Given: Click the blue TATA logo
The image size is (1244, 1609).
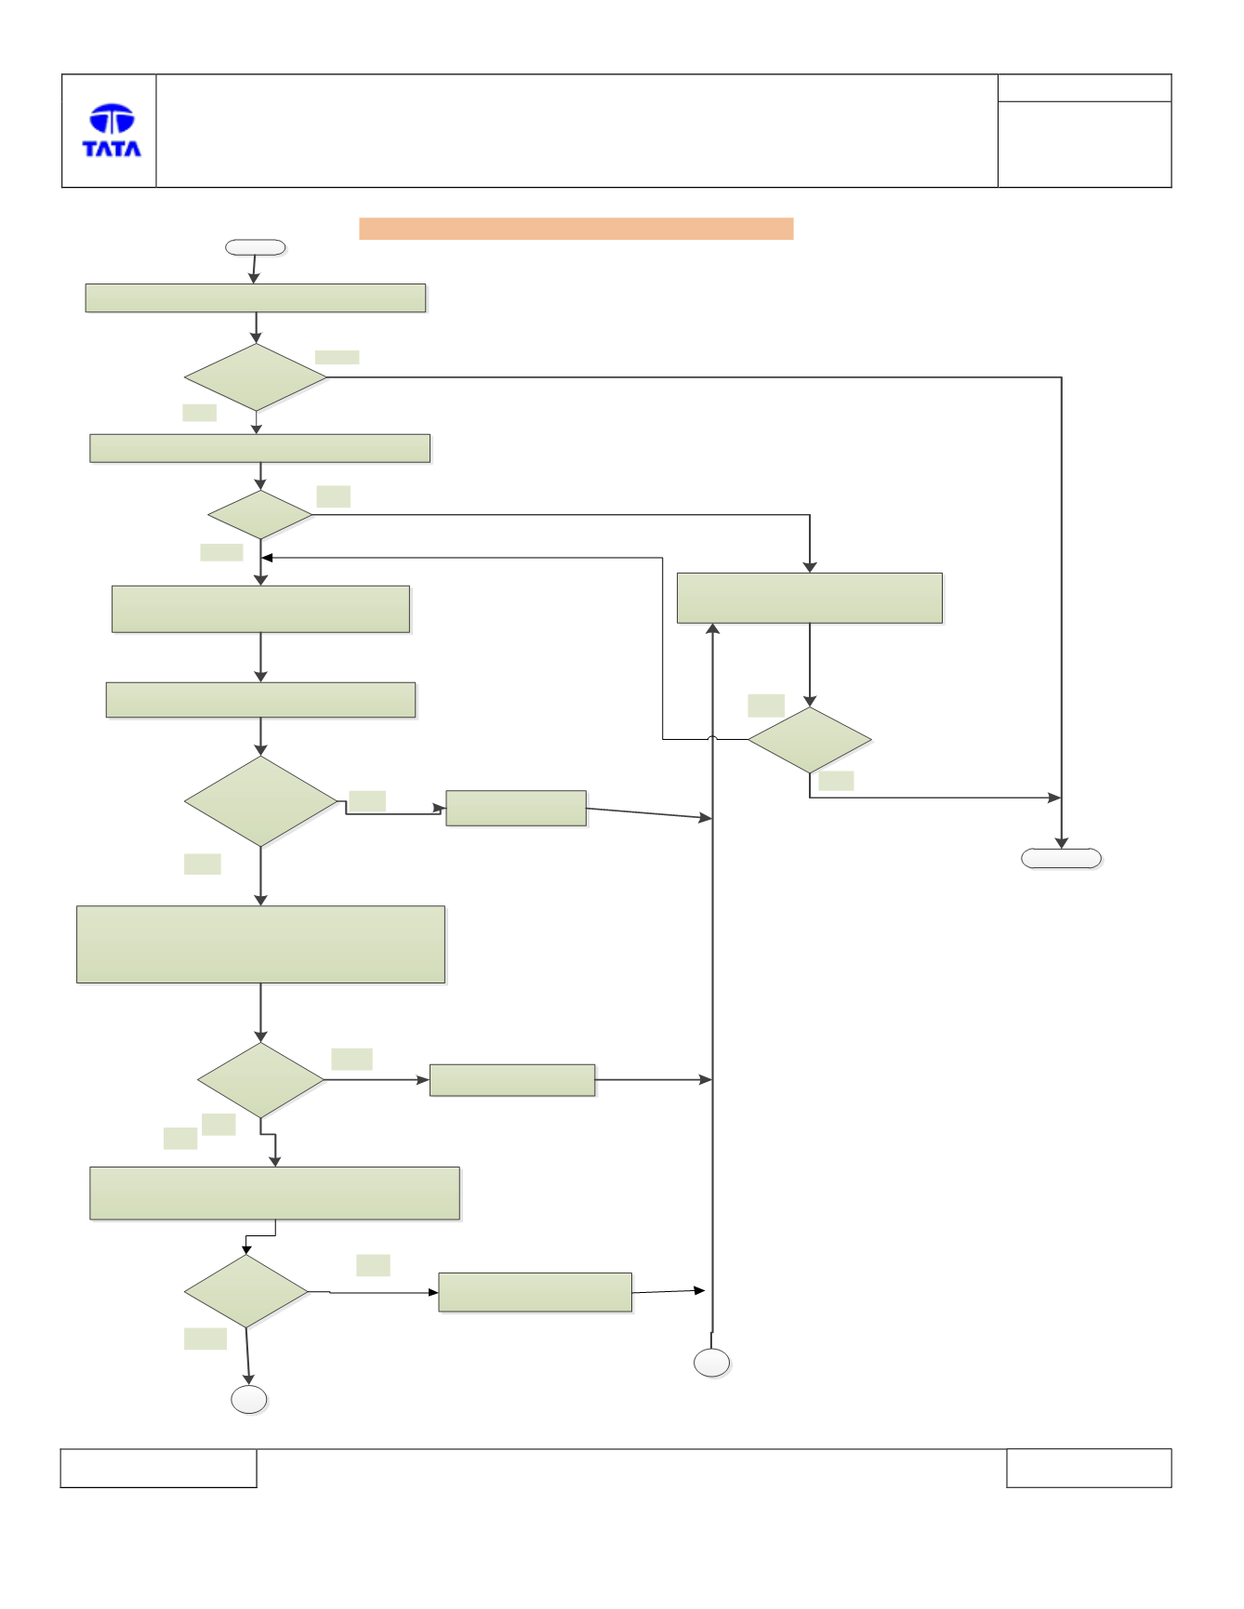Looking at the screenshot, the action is pos(112,130).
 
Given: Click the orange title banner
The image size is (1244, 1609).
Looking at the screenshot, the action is pos(576,229).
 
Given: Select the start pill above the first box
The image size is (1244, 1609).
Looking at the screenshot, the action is pos(256,247).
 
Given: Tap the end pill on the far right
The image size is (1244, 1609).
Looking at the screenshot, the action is pos(1061,858).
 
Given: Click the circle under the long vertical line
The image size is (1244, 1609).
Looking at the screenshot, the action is pos(712,1363).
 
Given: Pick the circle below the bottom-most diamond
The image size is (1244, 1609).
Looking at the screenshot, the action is pos(249,1399).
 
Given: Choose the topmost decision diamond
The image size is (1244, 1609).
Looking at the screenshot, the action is pos(256,377).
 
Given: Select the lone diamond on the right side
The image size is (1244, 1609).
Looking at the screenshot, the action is pos(810,740).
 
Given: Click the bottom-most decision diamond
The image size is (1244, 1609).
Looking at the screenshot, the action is pos(246,1291).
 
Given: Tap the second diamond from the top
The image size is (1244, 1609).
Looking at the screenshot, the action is pos(260,515).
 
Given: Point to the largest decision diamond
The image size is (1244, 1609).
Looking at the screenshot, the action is pos(260,801).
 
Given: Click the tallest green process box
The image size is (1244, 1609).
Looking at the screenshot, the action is pos(260,944).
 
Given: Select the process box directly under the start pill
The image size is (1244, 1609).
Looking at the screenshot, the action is pos(256,298).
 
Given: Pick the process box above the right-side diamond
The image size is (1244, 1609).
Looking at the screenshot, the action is pos(810,598).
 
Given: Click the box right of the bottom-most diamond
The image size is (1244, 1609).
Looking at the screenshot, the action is pos(535,1292).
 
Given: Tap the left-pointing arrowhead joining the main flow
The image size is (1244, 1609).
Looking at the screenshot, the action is pos(267,558).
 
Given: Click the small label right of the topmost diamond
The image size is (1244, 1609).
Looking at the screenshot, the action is pos(337,357).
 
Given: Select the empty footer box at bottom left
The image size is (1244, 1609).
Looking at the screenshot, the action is pos(159,1468).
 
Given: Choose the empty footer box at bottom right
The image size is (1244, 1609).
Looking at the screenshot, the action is pos(1089,1468).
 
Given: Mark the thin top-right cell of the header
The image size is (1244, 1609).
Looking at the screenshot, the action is pos(1084,88).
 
